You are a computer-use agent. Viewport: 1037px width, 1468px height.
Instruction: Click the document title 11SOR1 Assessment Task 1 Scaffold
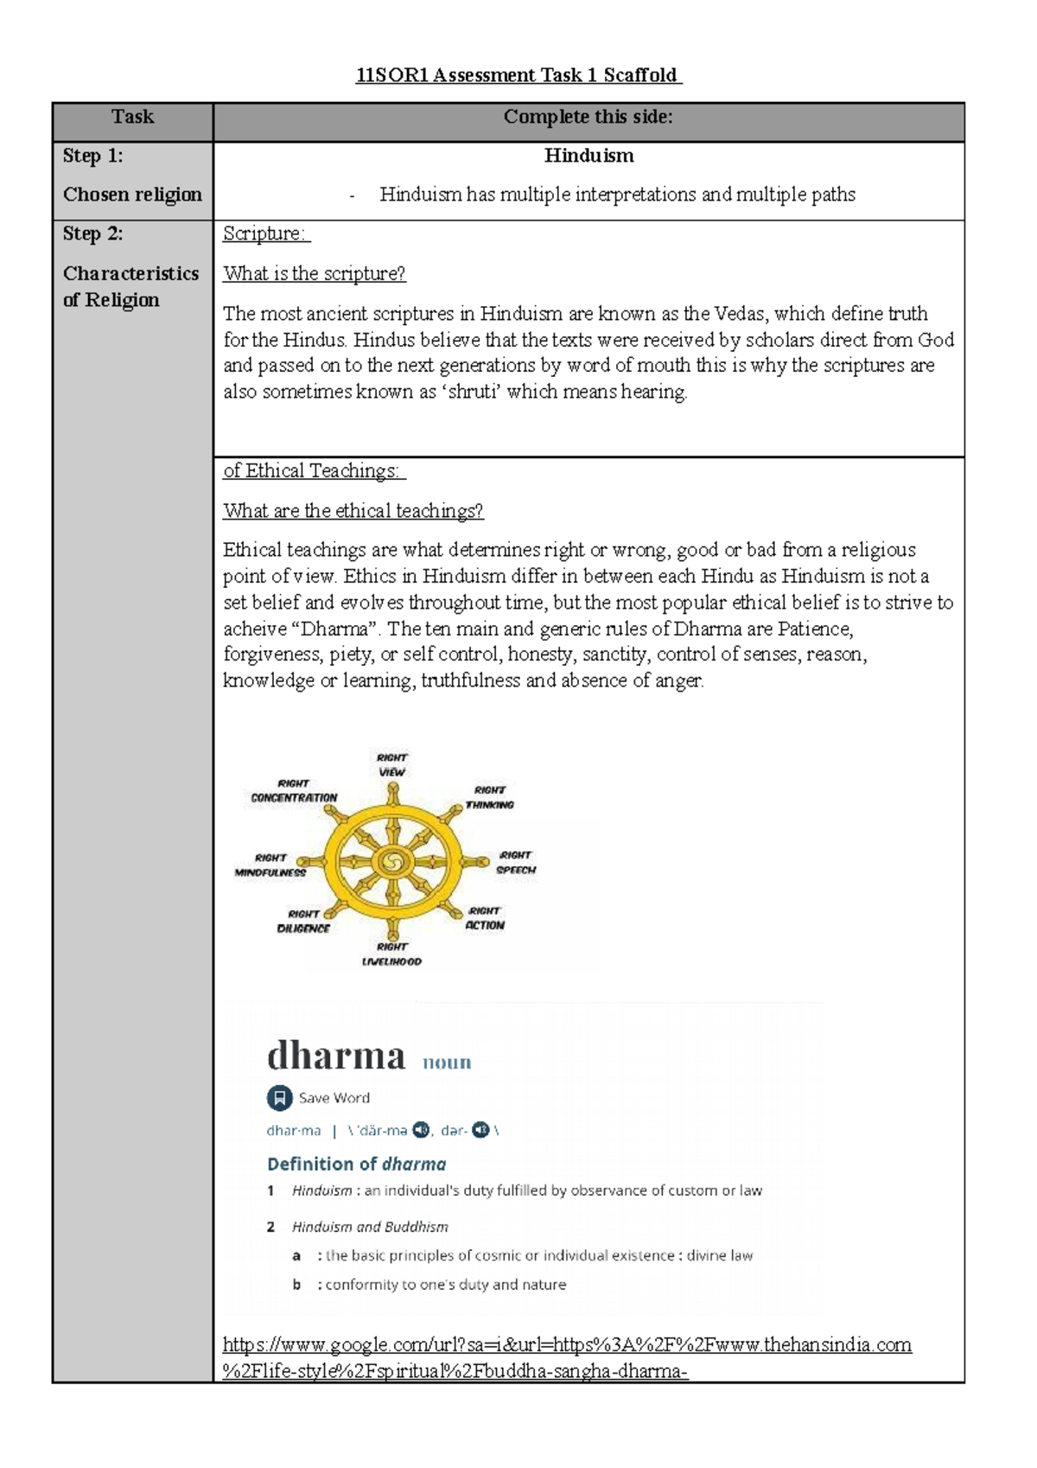click(x=518, y=75)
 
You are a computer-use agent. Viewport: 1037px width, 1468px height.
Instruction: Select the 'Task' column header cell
click(x=132, y=118)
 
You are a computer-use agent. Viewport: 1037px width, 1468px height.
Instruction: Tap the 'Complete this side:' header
click(x=588, y=118)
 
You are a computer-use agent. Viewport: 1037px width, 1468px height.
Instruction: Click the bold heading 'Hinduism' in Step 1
click(x=588, y=156)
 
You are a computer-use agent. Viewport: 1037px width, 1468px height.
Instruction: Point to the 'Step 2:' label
click(x=92, y=233)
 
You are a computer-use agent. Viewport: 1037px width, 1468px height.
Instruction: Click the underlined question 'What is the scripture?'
click(x=314, y=274)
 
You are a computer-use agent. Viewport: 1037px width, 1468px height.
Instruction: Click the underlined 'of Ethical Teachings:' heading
click(x=313, y=471)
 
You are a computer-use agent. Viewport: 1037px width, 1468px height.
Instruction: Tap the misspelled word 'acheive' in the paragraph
click(x=257, y=629)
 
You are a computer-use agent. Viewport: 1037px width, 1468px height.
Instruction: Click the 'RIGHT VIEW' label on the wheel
click(x=391, y=765)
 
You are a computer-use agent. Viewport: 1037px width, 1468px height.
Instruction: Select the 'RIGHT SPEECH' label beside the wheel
click(x=516, y=863)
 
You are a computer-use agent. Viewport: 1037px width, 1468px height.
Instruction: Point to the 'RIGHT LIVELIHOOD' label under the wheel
click(x=391, y=954)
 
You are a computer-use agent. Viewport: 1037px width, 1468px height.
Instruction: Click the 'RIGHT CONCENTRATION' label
click(x=294, y=791)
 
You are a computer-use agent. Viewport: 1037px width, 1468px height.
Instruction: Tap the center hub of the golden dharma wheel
click(x=392, y=861)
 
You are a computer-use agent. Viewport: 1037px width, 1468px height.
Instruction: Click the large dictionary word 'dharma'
click(x=335, y=1056)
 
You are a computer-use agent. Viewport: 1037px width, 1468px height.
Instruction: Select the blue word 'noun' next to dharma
click(x=447, y=1063)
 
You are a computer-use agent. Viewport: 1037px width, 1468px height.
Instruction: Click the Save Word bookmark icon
click(x=279, y=1098)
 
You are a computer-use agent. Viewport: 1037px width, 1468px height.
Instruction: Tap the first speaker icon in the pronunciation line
click(x=421, y=1130)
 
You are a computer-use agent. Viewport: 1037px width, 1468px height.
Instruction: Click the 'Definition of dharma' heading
click(x=356, y=1164)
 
